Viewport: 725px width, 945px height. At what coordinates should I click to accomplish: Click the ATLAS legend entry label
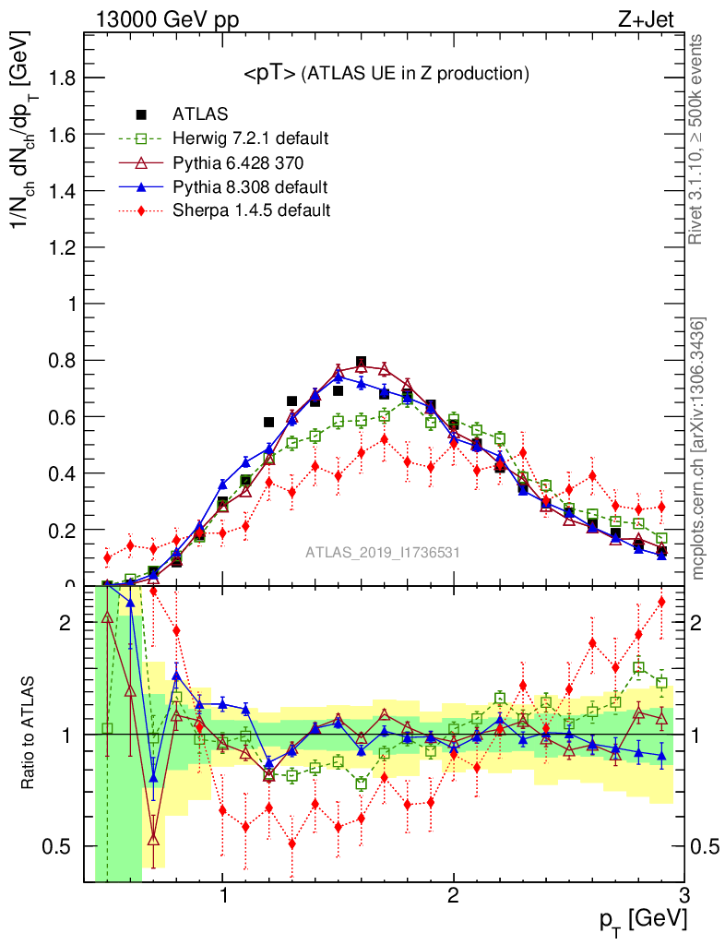(x=200, y=114)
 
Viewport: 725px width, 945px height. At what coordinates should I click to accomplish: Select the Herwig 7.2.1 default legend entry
(x=249, y=138)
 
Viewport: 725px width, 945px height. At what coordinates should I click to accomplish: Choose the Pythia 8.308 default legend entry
(x=249, y=186)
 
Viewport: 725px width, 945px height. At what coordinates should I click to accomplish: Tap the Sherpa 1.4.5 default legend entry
(x=251, y=210)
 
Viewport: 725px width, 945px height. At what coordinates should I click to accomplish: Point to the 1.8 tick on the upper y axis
(x=62, y=78)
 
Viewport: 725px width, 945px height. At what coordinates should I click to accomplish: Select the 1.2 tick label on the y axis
(x=62, y=247)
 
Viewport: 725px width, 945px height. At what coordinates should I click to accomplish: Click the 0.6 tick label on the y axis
(x=62, y=417)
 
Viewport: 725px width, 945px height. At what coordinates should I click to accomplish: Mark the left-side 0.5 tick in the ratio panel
(x=60, y=846)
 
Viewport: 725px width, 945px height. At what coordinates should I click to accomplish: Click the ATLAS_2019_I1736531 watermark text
(x=383, y=553)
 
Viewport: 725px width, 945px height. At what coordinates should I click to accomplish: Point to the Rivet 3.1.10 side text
(x=698, y=138)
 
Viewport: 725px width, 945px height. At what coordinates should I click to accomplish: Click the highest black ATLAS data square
(x=361, y=363)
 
